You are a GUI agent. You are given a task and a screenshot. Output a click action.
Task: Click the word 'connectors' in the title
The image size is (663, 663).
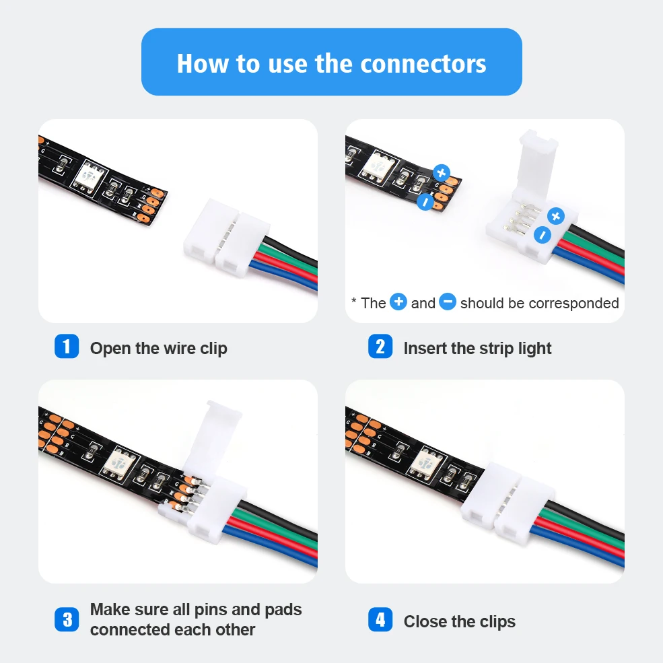423,63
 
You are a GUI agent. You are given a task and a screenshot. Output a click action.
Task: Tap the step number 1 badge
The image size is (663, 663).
67,347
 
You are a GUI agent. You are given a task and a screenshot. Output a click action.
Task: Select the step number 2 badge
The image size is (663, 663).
380,347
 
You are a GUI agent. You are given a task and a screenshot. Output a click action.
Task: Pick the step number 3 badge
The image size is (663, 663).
67,619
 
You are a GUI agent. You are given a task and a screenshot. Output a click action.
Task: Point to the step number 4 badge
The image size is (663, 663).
380,620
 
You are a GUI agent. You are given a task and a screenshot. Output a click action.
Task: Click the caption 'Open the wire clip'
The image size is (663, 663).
158,349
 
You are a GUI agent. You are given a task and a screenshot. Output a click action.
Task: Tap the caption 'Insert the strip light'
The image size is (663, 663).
477,349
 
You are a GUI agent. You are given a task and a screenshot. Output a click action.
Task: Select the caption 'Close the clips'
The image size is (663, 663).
459,621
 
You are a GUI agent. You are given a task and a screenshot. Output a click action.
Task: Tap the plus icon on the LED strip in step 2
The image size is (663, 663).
442,173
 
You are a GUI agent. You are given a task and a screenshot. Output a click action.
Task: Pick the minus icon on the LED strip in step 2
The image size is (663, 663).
425,202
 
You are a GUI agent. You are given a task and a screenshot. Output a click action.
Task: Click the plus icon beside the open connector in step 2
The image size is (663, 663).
555,216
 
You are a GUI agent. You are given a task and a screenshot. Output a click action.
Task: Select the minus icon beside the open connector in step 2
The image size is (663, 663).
542,235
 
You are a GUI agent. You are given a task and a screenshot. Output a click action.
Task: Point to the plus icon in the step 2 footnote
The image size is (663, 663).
398,302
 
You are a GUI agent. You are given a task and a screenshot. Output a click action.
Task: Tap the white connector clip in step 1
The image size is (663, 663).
215,239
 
